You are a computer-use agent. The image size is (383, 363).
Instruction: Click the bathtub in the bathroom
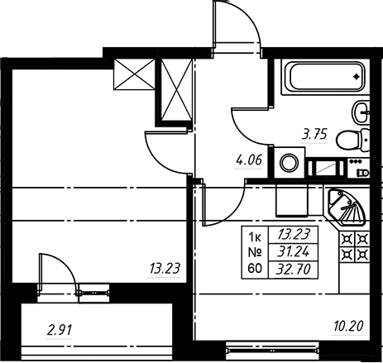tap(325, 77)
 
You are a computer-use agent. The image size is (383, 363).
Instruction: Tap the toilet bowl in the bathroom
tap(353, 140)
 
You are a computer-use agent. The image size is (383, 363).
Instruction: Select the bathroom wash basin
tap(361, 112)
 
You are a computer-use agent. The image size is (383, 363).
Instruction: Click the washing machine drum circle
tap(290, 163)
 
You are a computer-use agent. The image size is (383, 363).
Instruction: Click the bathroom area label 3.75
tap(314, 135)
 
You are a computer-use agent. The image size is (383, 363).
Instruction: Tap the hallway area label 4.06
tap(249, 160)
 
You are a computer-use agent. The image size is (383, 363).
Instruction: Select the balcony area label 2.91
tap(60, 330)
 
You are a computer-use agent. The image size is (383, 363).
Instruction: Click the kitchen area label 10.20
tap(349, 327)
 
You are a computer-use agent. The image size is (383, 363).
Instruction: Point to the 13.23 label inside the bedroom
tap(165, 269)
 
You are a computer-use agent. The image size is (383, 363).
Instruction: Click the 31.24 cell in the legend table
tap(294, 251)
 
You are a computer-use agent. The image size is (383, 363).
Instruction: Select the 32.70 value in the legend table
tap(294, 269)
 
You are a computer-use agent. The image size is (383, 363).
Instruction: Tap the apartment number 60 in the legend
tap(255, 268)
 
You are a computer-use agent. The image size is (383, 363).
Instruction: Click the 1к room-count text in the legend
tap(255, 236)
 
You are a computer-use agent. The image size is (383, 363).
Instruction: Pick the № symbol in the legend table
tap(255, 252)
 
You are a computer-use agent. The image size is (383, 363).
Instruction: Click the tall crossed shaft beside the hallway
tap(176, 90)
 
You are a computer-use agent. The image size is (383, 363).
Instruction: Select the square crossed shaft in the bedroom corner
tap(134, 74)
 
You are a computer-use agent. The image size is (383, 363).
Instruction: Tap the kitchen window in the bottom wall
tap(272, 351)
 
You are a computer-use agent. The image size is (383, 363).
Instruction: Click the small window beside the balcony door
tap(93, 293)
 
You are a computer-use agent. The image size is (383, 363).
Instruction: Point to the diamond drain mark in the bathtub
tap(357, 76)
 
